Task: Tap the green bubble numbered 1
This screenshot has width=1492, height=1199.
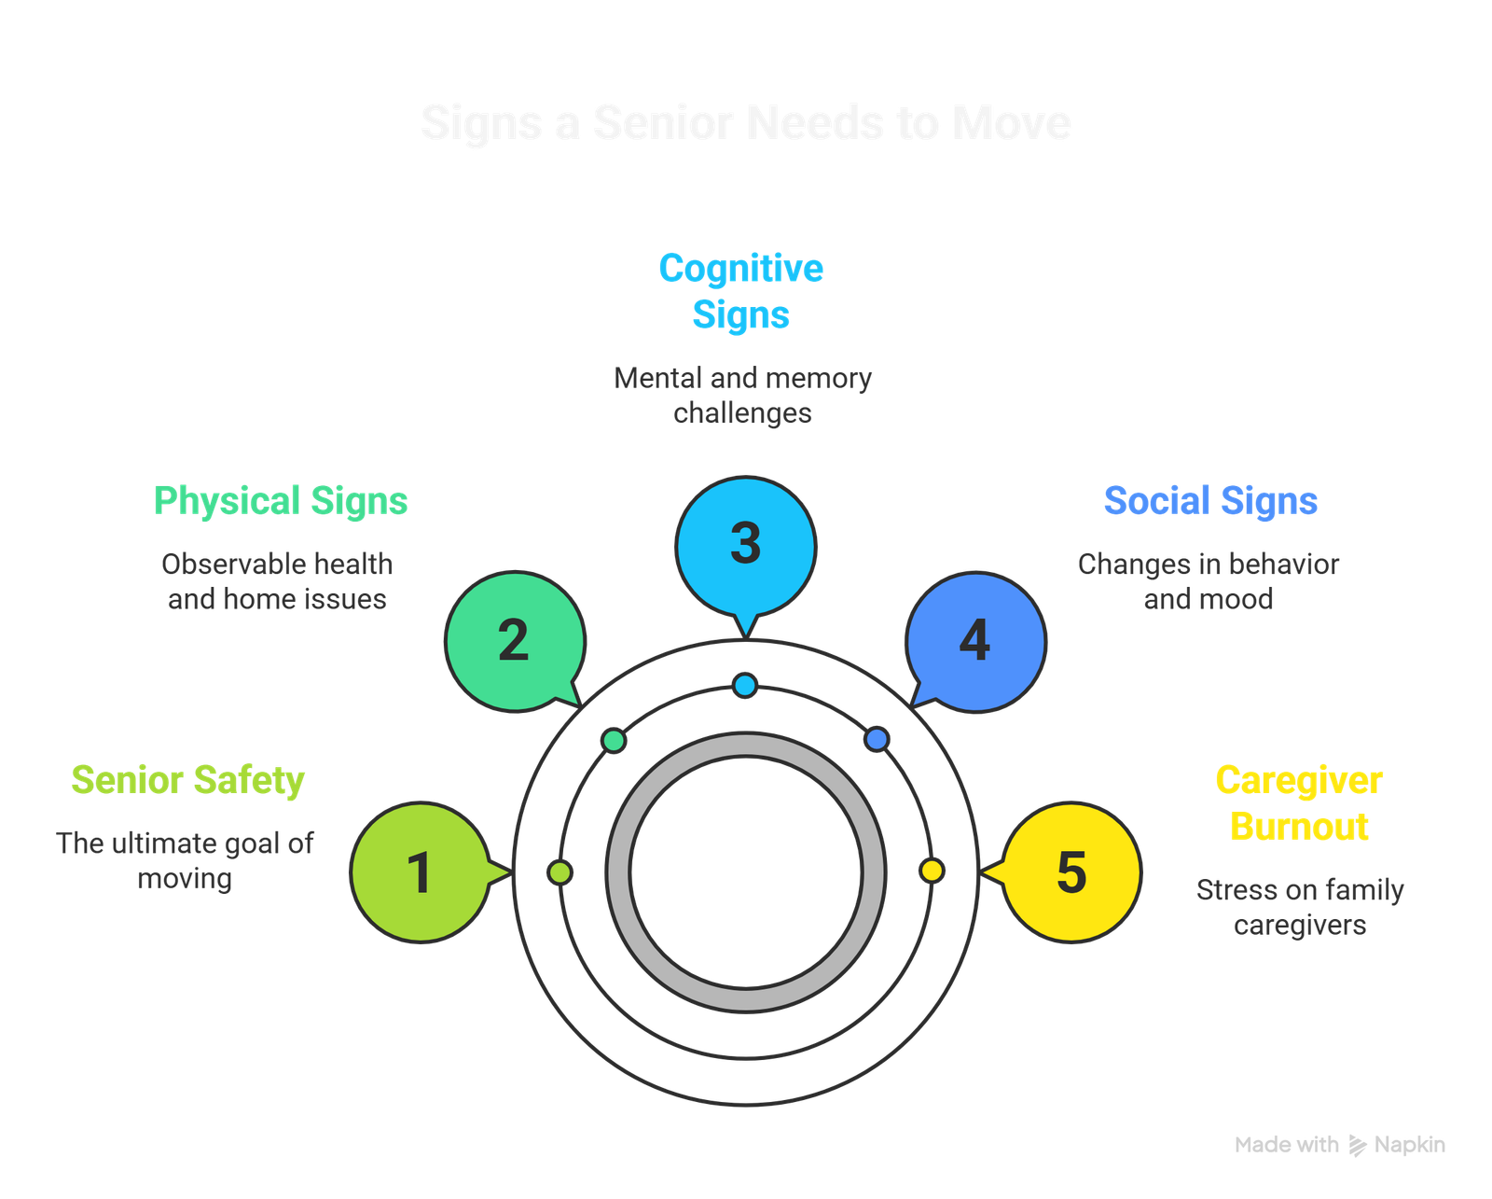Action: pos(421,871)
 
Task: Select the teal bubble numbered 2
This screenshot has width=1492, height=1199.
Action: pos(515,642)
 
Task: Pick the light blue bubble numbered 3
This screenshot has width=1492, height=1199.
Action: pos(745,545)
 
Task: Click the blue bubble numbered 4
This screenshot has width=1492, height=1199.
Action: pos(975,642)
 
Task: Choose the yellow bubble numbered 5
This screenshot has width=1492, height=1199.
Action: pos(1071,871)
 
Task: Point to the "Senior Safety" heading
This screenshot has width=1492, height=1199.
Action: pos(187,780)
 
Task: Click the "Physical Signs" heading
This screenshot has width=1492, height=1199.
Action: pos(280,501)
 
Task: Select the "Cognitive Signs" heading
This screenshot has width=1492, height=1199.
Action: pos(741,291)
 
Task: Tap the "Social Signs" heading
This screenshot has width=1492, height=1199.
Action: pos(1210,501)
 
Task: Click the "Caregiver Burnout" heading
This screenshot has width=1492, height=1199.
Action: pos(1298,803)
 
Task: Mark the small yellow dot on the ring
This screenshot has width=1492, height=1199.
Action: pos(932,871)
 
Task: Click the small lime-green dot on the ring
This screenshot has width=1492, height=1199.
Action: pos(560,872)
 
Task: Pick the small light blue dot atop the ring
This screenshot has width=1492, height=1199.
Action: pos(745,686)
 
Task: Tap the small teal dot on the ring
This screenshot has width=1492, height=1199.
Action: pos(615,741)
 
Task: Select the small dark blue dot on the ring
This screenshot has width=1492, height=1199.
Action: pos(877,740)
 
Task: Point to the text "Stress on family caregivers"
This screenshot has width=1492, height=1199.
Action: pos(1300,907)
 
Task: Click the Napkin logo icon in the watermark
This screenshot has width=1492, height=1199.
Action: pos(1358,1145)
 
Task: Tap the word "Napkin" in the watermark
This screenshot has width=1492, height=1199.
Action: pos(1410,1145)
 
